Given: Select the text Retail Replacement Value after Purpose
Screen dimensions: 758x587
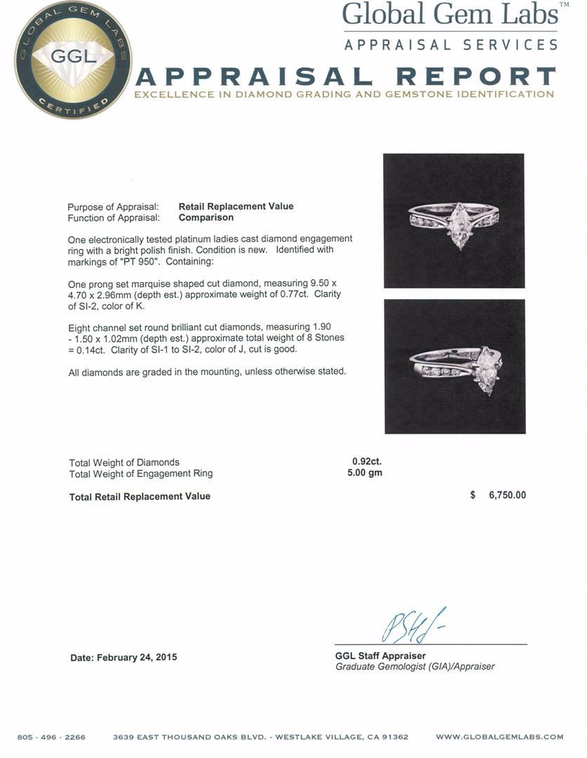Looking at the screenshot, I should [236, 206].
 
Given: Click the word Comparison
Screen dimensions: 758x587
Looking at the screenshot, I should [205, 218].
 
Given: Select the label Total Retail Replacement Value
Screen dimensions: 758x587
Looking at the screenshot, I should [140, 496].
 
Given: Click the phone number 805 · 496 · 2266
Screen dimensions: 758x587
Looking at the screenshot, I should [51, 737].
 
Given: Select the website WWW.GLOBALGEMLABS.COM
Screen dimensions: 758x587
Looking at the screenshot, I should [499, 737].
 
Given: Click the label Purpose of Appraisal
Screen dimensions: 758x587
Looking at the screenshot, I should [113, 207].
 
